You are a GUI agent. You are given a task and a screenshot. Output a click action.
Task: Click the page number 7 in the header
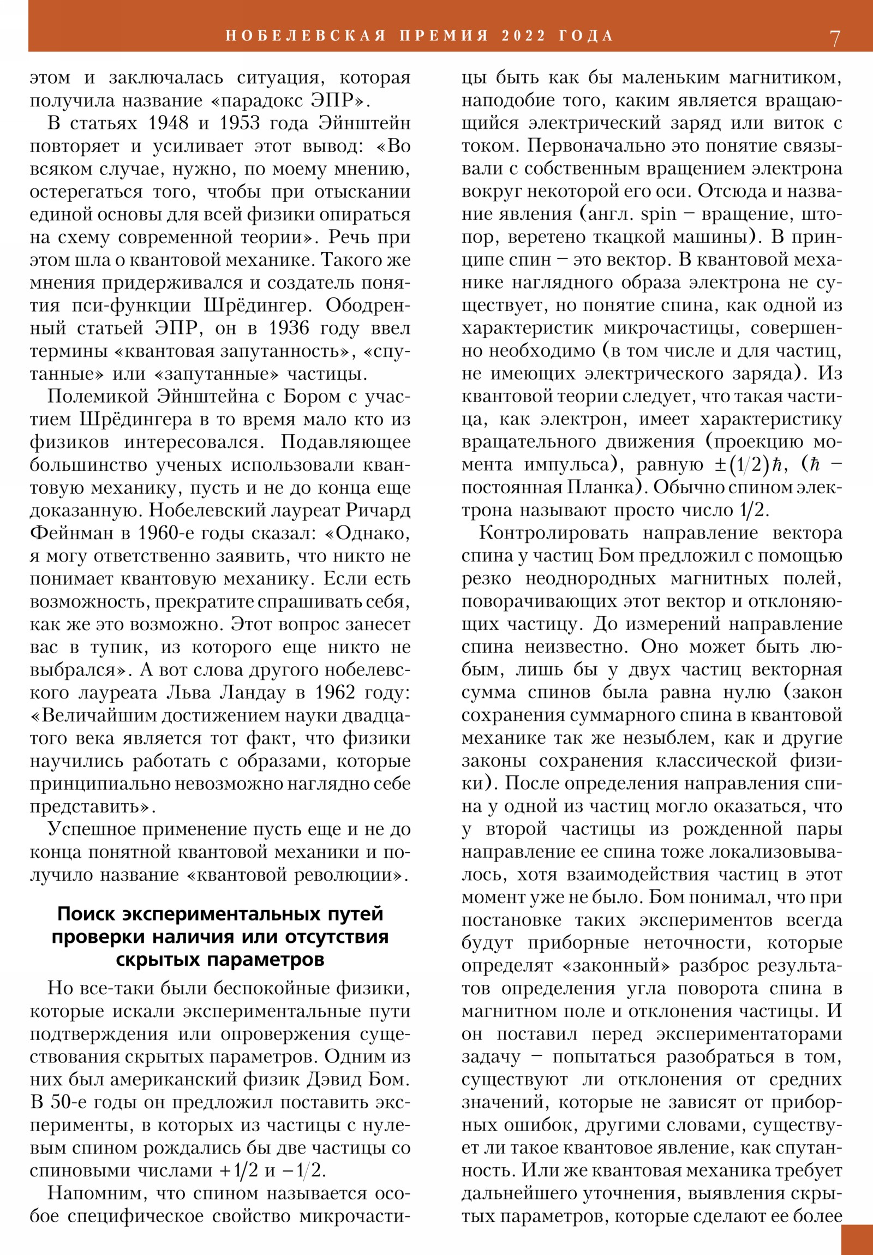[835, 38]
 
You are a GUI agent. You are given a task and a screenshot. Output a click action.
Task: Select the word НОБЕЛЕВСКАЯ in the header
[306, 36]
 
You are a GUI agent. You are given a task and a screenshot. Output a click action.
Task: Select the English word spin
[658, 215]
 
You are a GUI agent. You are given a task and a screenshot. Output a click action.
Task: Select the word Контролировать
[553, 533]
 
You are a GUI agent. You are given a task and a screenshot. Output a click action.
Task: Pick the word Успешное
[89, 829]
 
